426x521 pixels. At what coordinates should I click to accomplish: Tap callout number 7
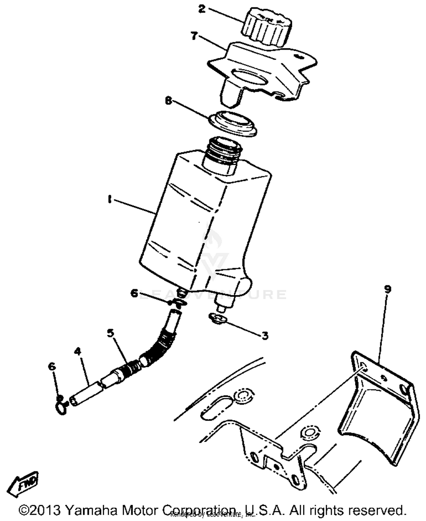coord(194,36)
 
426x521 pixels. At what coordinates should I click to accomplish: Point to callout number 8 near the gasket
coord(169,101)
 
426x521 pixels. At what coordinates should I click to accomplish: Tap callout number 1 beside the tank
coord(109,200)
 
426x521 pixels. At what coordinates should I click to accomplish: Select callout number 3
coord(264,336)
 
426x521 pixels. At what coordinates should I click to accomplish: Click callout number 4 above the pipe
coord(78,351)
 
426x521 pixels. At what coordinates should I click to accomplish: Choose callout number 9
coord(388,289)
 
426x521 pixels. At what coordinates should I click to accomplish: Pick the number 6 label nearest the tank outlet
coord(134,293)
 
